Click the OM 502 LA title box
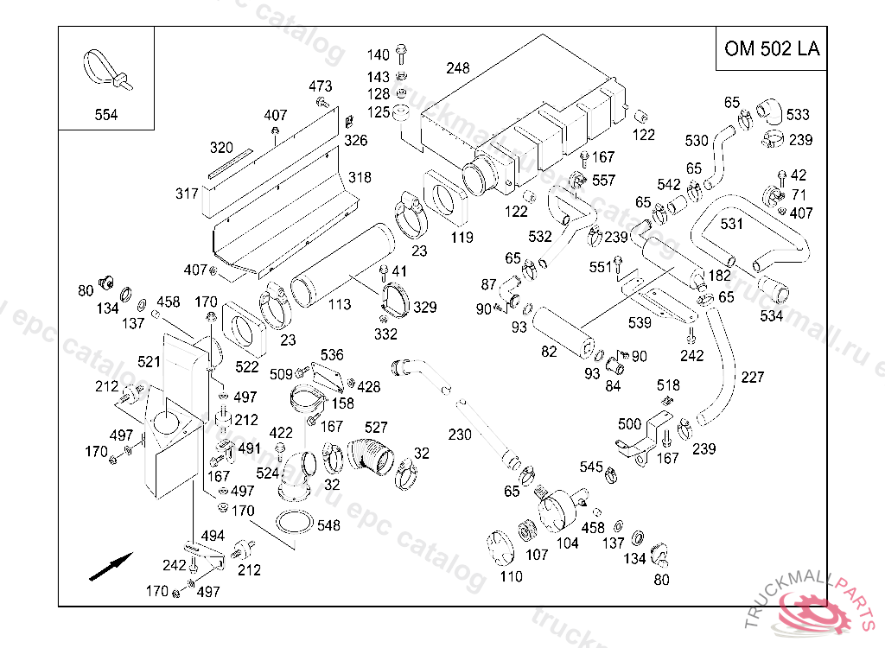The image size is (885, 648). coord(772,48)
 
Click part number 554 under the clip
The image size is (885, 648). coord(106,115)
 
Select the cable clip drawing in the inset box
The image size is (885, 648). coord(105,71)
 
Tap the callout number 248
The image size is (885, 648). coord(458,67)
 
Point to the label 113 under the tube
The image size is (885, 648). coord(340,304)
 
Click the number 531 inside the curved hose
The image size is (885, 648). coord(732,224)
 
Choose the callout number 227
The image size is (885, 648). coord(753,377)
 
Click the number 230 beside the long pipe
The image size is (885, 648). coord(460,435)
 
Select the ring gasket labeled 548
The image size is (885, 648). coord(294,524)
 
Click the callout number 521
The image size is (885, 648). coord(150,360)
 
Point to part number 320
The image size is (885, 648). coord(222,147)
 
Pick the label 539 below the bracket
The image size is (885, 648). coord(640,323)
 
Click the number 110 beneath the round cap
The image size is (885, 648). coord(511,576)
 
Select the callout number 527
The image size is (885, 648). coord(376,427)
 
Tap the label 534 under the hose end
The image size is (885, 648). coord(772,315)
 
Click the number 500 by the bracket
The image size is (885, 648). coord(630,423)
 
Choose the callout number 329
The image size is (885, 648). coord(425,307)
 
